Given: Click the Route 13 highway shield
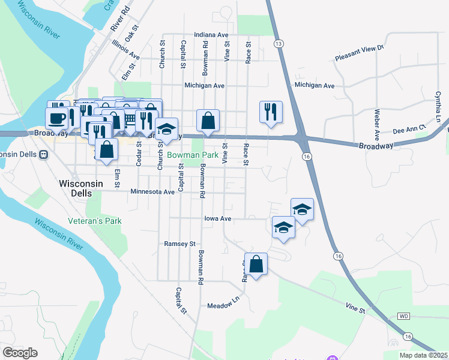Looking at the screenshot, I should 278,44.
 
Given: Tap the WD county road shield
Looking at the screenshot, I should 403,316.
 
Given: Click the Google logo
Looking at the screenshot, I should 20,353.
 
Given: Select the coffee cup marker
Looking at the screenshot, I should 57,117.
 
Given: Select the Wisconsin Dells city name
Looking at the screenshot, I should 75,188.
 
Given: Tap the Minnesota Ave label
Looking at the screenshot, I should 152,192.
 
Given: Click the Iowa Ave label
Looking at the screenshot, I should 217,219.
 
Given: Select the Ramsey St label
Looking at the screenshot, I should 180,244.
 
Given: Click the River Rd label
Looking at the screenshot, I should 120,20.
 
